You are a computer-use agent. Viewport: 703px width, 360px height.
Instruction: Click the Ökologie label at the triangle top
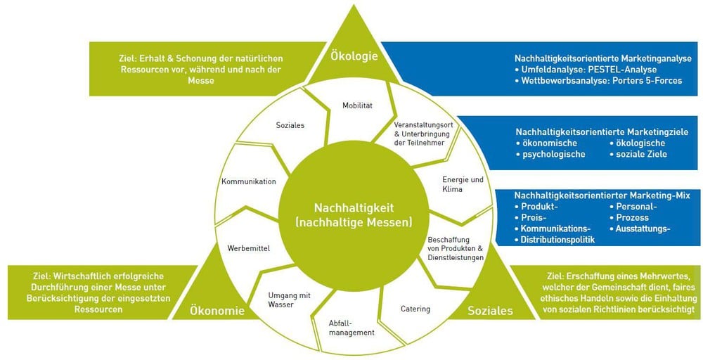tap(355, 56)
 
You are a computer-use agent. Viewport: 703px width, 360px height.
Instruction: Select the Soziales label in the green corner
tap(490, 310)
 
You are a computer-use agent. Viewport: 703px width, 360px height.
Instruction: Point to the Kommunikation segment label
tap(248, 181)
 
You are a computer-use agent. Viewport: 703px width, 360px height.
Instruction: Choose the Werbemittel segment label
tap(249, 247)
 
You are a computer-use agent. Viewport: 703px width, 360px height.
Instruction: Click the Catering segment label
tap(415, 309)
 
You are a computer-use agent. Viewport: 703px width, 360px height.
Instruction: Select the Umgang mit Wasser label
tap(290, 300)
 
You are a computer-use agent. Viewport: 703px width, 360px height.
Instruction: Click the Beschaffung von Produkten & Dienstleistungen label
tap(456, 248)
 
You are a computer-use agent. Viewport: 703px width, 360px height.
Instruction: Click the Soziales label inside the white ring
tap(290, 125)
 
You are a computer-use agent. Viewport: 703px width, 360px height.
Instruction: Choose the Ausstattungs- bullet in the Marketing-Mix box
tap(643, 229)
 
